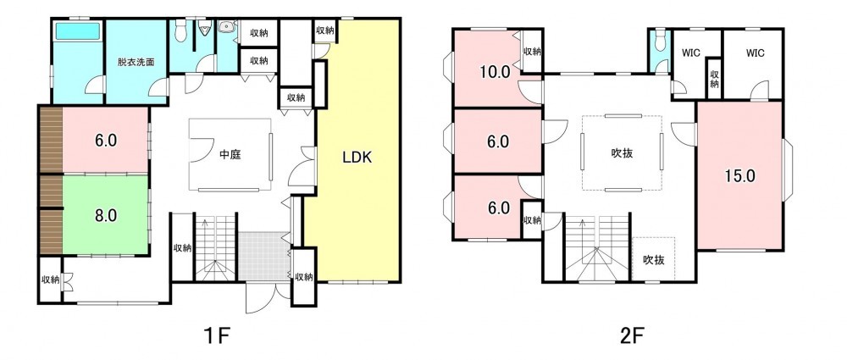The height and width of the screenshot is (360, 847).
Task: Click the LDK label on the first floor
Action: click(357, 158)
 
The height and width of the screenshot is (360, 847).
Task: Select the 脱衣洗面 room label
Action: click(136, 62)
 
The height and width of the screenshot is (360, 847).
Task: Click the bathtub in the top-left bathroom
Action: click(79, 30)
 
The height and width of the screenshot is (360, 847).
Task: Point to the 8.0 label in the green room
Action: click(106, 216)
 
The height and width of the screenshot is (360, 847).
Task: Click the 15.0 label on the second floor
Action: click(740, 176)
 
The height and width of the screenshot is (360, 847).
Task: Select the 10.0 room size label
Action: click(496, 72)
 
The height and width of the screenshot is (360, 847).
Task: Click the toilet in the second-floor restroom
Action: click(660, 42)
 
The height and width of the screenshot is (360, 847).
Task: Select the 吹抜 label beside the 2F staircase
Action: click(654, 260)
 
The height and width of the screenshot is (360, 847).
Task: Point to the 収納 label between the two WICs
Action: click(714, 80)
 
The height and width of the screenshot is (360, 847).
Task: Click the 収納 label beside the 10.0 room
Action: click(532, 52)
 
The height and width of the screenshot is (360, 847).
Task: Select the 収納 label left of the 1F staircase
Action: click(183, 248)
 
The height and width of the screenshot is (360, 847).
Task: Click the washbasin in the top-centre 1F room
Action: click(226, 26)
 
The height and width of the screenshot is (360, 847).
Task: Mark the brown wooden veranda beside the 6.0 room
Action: click(52, 140)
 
